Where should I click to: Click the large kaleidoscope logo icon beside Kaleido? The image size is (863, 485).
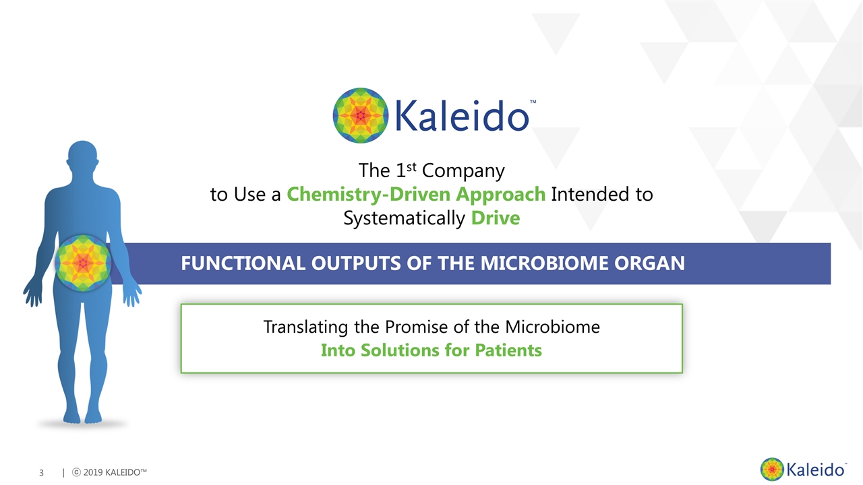pos(361,115)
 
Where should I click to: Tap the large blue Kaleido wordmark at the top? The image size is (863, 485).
pos(462,115)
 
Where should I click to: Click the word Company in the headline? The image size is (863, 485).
pos(463,171)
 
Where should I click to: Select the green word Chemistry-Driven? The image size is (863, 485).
pos(369,194)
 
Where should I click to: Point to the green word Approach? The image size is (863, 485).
pos(501,195)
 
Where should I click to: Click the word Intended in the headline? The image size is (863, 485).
pos(589,194)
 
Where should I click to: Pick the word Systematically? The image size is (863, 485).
pos(405,219)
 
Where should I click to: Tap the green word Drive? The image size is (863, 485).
pos(496,218)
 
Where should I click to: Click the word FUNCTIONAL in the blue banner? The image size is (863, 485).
pos(243,263)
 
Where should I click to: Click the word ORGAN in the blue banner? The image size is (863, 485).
pos(649,263)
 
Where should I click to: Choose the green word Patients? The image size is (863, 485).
pos(508,350)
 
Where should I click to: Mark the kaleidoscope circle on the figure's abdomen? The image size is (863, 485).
pos(83,263)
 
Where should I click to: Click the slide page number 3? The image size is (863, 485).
pos(42,473)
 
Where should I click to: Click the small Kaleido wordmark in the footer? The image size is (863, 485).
pos(816,470)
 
